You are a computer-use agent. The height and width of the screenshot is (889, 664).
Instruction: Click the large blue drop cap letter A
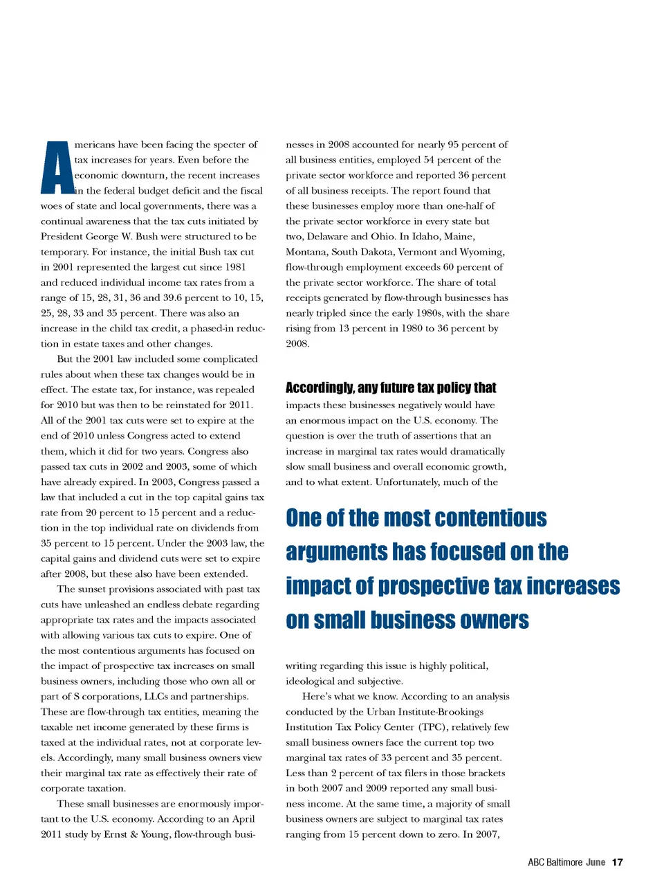(x=57, y=168)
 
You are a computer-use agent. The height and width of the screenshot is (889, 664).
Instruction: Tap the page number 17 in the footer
(x=617, y=862)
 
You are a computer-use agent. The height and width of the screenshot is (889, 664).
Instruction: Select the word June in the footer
(x=596, y=862)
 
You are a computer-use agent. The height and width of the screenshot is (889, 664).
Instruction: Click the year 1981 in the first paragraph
(x=235, y=267)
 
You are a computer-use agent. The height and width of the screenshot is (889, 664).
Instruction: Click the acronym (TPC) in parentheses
(x=434, y=727)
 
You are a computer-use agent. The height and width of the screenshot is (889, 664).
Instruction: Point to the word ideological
(x=310, y=681)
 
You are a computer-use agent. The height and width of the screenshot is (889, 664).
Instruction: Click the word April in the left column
(x=243, y=819)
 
